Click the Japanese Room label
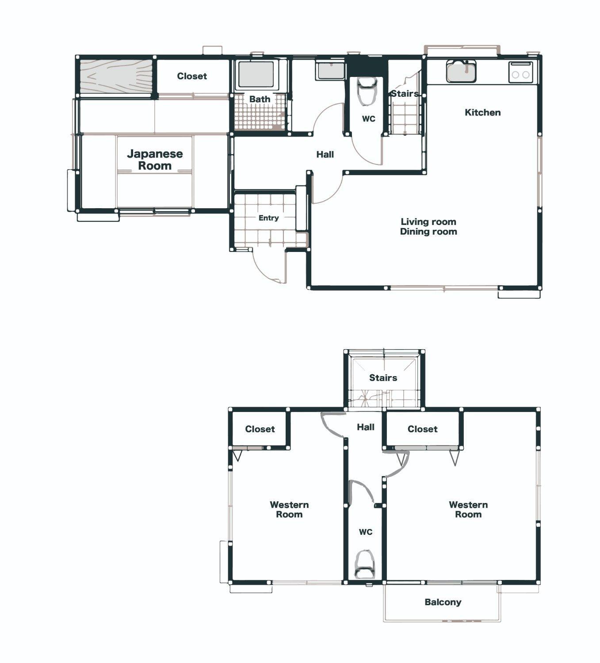(x=155, y=160)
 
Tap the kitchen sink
(x=462, y=71)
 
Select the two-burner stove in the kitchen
(x=520, y=72)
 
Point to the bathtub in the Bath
(x=256, y=75)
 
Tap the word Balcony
(x=443, y=602)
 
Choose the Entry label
(x=268, y=218)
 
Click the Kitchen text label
(x=482, y=112)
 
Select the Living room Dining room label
(x=428, y=226)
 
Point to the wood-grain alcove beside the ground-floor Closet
(x=116, y=76)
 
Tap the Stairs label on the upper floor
(x=383, y=377)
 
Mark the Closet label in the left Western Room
(x=260, y=429)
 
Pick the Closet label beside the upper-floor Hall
(x=422, y=429)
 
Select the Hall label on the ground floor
(x=325, y=154)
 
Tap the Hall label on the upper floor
(x=366, y=427)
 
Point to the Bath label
(x=260, y=99)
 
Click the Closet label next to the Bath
(x=192, y=76)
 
